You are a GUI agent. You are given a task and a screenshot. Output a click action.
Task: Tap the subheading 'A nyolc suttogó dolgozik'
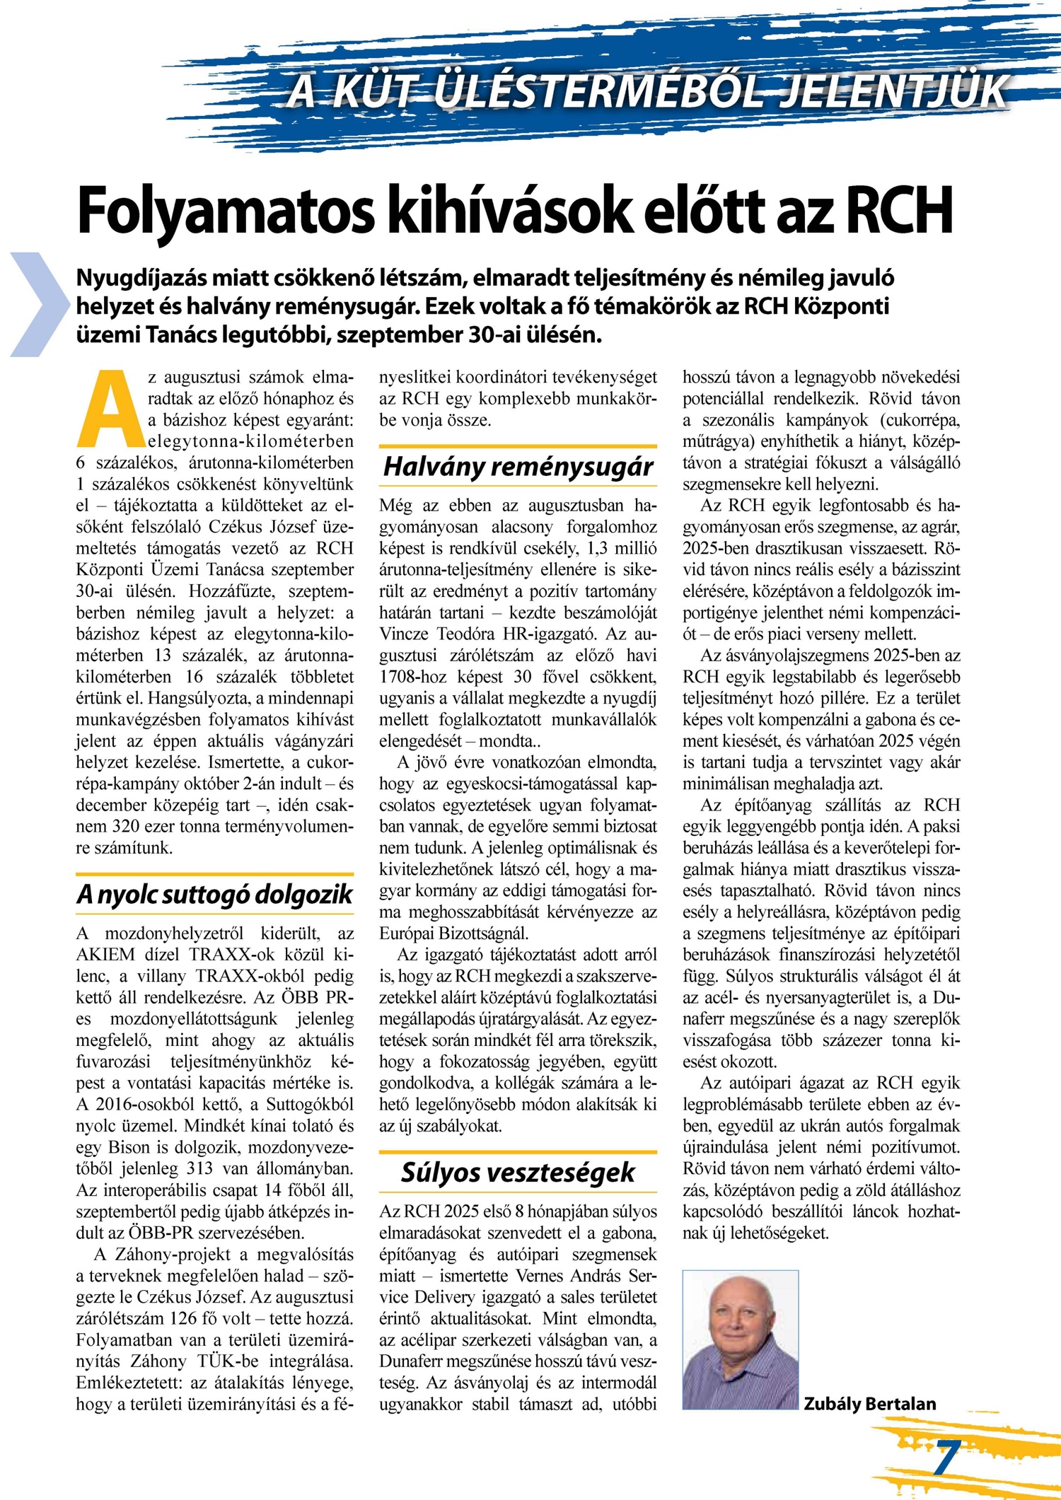pyautogui.click(x=214, y=895)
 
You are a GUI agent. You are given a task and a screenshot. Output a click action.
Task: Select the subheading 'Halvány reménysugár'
pyautogui.click(x=518, y=467)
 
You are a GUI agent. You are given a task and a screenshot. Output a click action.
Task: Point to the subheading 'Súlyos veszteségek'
pyautogui.click(x=518, y=1173)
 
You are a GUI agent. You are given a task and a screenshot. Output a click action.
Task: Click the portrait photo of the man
pyautogui.click(x=740, y=1339)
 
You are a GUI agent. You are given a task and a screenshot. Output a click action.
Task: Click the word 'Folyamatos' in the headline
pyautogui.click(x=226, y=211)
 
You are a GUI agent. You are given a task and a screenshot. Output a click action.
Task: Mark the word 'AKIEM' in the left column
pyautogui.click(x=105, y=955)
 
